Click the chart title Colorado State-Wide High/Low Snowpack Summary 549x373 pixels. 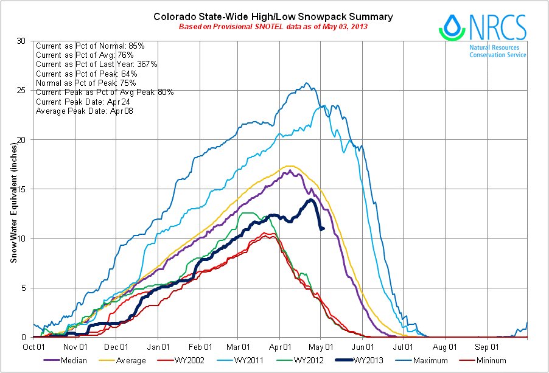coord(273,16)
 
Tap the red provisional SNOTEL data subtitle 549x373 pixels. coord(273,27)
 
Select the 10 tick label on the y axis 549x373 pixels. coord(23,238)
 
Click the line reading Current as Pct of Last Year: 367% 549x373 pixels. coord(97,64)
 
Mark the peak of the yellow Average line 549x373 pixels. coord(290,166)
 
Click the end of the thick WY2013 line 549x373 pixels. coord(323,229)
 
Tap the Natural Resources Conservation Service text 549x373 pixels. coord(497,51)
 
